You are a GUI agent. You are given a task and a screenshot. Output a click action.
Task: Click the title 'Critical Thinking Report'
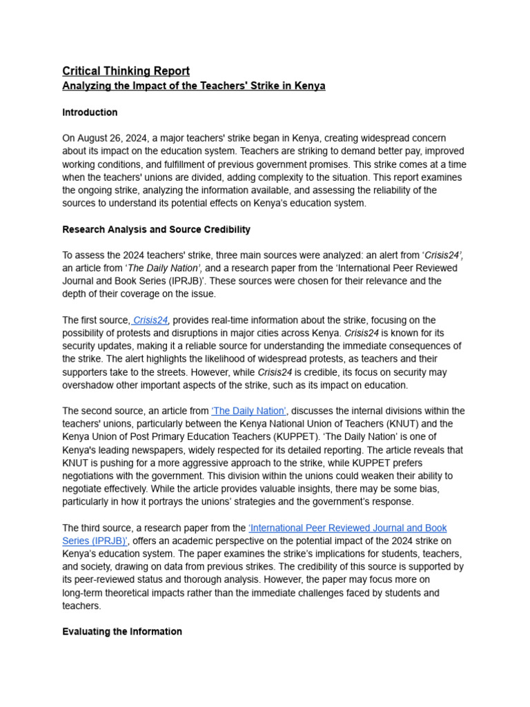[126, 71]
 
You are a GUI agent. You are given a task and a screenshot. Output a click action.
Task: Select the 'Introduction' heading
[90, 113]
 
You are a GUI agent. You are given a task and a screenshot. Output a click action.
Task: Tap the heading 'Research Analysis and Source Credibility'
[156, 229]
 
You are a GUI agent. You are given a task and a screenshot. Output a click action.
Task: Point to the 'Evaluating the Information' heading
[122, 632]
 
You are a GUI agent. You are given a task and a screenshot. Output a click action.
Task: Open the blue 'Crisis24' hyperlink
[150, 320]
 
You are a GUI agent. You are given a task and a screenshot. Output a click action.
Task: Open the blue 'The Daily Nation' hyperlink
[249, 411]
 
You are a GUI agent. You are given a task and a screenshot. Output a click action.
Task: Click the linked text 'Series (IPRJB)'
[95, 541]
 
